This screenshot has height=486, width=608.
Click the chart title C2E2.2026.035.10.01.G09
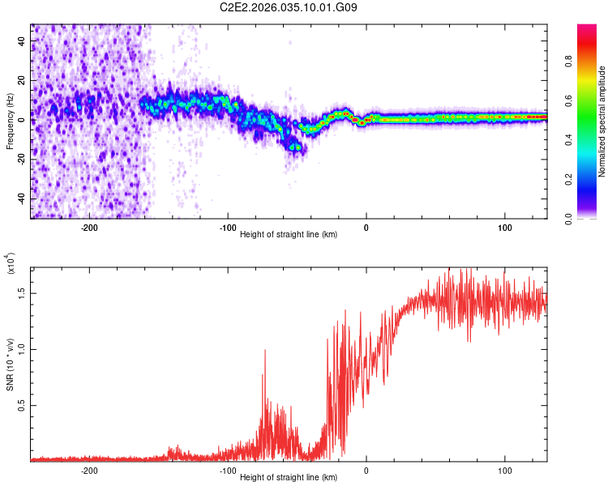289,8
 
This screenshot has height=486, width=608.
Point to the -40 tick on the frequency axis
19,198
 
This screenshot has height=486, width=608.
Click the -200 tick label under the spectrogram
89,228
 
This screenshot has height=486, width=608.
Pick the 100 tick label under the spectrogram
505,228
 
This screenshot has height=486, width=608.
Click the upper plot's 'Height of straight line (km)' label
289,235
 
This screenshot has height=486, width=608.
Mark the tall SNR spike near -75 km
264,353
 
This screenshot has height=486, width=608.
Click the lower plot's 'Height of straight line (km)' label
289,478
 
